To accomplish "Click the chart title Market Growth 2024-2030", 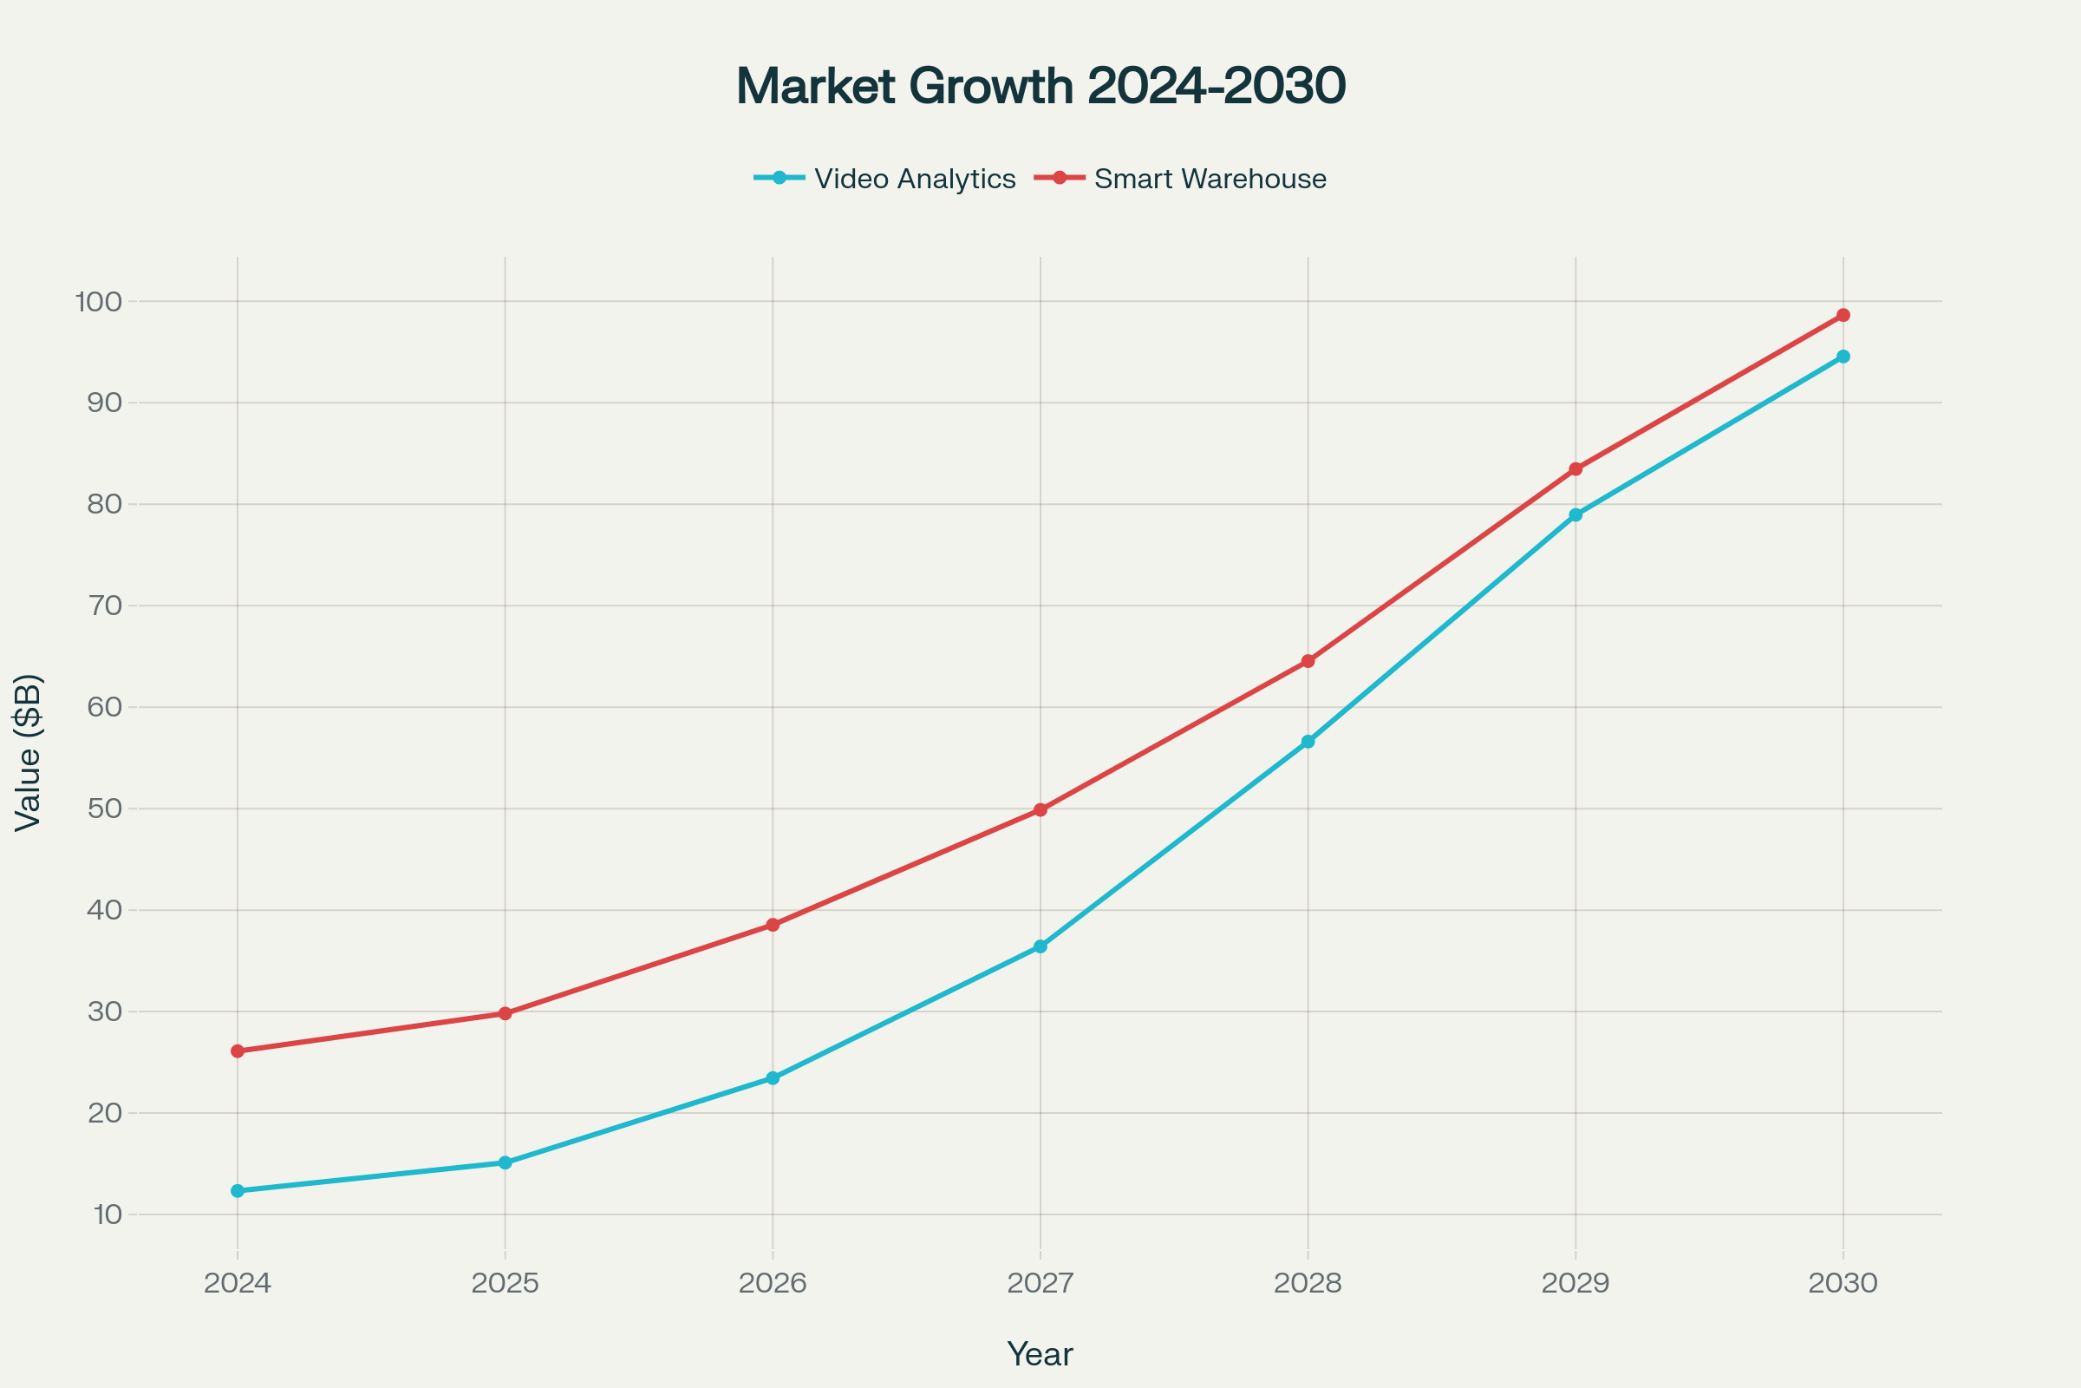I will tap(1040, 86).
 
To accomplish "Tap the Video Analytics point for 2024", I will tap(237, 1190).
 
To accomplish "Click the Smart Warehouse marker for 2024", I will tap(237, 1051).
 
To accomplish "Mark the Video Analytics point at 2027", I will tap(1040, 946).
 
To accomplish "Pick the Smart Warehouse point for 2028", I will tap(1308, 661).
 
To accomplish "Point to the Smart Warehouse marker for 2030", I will tap(1843, 315).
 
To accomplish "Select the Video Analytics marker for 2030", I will tap(1843, 357).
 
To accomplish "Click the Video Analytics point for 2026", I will tap(773, 1078).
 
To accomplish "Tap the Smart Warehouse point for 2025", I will tap(506, 1013).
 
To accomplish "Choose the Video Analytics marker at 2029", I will tap(1575, 514).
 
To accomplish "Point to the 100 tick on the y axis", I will tap(98, 302).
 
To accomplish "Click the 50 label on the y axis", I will tap(104, 809).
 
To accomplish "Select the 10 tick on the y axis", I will tap(107, 1214).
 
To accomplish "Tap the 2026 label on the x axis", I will tap(773, 1284).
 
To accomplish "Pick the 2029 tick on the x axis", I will tap(1575, 1284).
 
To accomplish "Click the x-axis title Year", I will tap(1040, 1354).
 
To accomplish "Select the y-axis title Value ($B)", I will tap(29, 752).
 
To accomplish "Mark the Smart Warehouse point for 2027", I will tap(1040, 810).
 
